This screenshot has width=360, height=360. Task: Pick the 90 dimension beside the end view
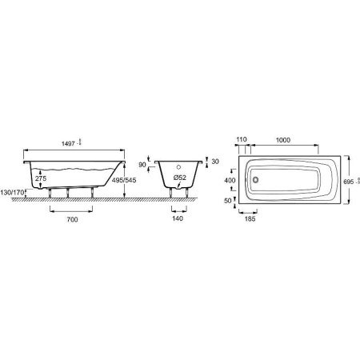(x=143, y=165)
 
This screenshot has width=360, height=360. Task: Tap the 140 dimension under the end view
(x=179, y=218)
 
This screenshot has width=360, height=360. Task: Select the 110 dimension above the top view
(x=241, y=139)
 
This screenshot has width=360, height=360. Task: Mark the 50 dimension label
(x=228, y=201)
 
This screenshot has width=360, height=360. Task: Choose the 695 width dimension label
(x=347, y=182)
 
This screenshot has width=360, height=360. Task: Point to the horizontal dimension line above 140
(x=179, y=210)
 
